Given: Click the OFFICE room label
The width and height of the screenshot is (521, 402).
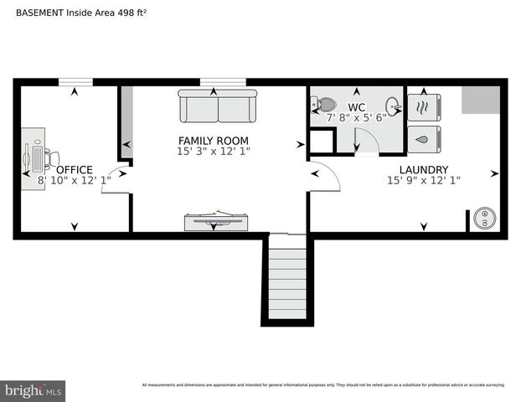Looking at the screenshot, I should coord(75,169).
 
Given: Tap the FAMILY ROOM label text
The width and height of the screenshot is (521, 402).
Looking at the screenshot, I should coord(213,140).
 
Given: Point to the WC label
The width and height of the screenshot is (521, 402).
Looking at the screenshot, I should coord(356,107).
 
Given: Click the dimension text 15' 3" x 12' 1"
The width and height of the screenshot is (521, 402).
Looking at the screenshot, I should coord(213,151).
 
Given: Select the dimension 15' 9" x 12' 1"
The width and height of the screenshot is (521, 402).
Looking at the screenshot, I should coord(423,180).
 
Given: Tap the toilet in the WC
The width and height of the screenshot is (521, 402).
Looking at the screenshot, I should coord(324,106).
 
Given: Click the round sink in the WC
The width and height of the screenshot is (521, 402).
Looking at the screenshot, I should coord(392,106).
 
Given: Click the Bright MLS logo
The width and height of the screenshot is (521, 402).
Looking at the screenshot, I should coord(34,391).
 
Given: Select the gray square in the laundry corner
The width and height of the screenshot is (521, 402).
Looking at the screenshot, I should coord(480,100).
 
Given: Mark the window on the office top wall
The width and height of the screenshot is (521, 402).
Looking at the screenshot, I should coord(75,82).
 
